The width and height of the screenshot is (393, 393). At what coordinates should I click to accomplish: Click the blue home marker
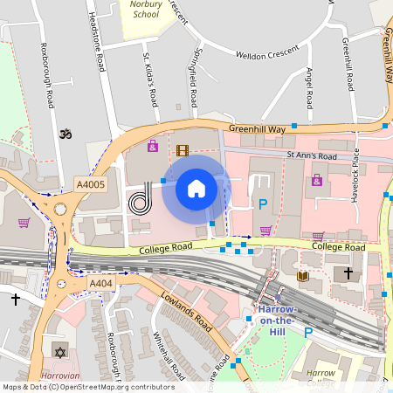pyautogui.click(x=196, y=188)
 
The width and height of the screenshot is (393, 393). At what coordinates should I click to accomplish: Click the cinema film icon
pyautogui.click(x=182, y=150)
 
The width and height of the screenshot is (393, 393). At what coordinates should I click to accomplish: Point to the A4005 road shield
pyautogui.click(x=90, y=184)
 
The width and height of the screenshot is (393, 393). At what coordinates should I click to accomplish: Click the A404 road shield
pyautogui.click(x=100, y=284)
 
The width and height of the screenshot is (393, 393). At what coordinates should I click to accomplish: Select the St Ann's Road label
pyautogui.click(x=312, y=155)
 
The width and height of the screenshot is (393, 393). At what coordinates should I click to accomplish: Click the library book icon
pyautogui.click(x=303, y=276)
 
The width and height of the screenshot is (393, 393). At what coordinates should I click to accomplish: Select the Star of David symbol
pyautogui.click(x=59, y=352)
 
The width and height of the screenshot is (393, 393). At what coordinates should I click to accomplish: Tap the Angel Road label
pyautogui.click(x=308, y=82)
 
